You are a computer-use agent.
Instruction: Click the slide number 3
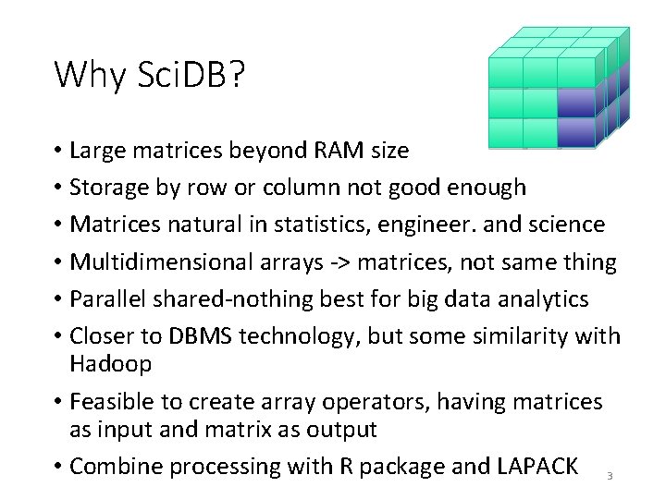pyautogui.click(x=610, y=476)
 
